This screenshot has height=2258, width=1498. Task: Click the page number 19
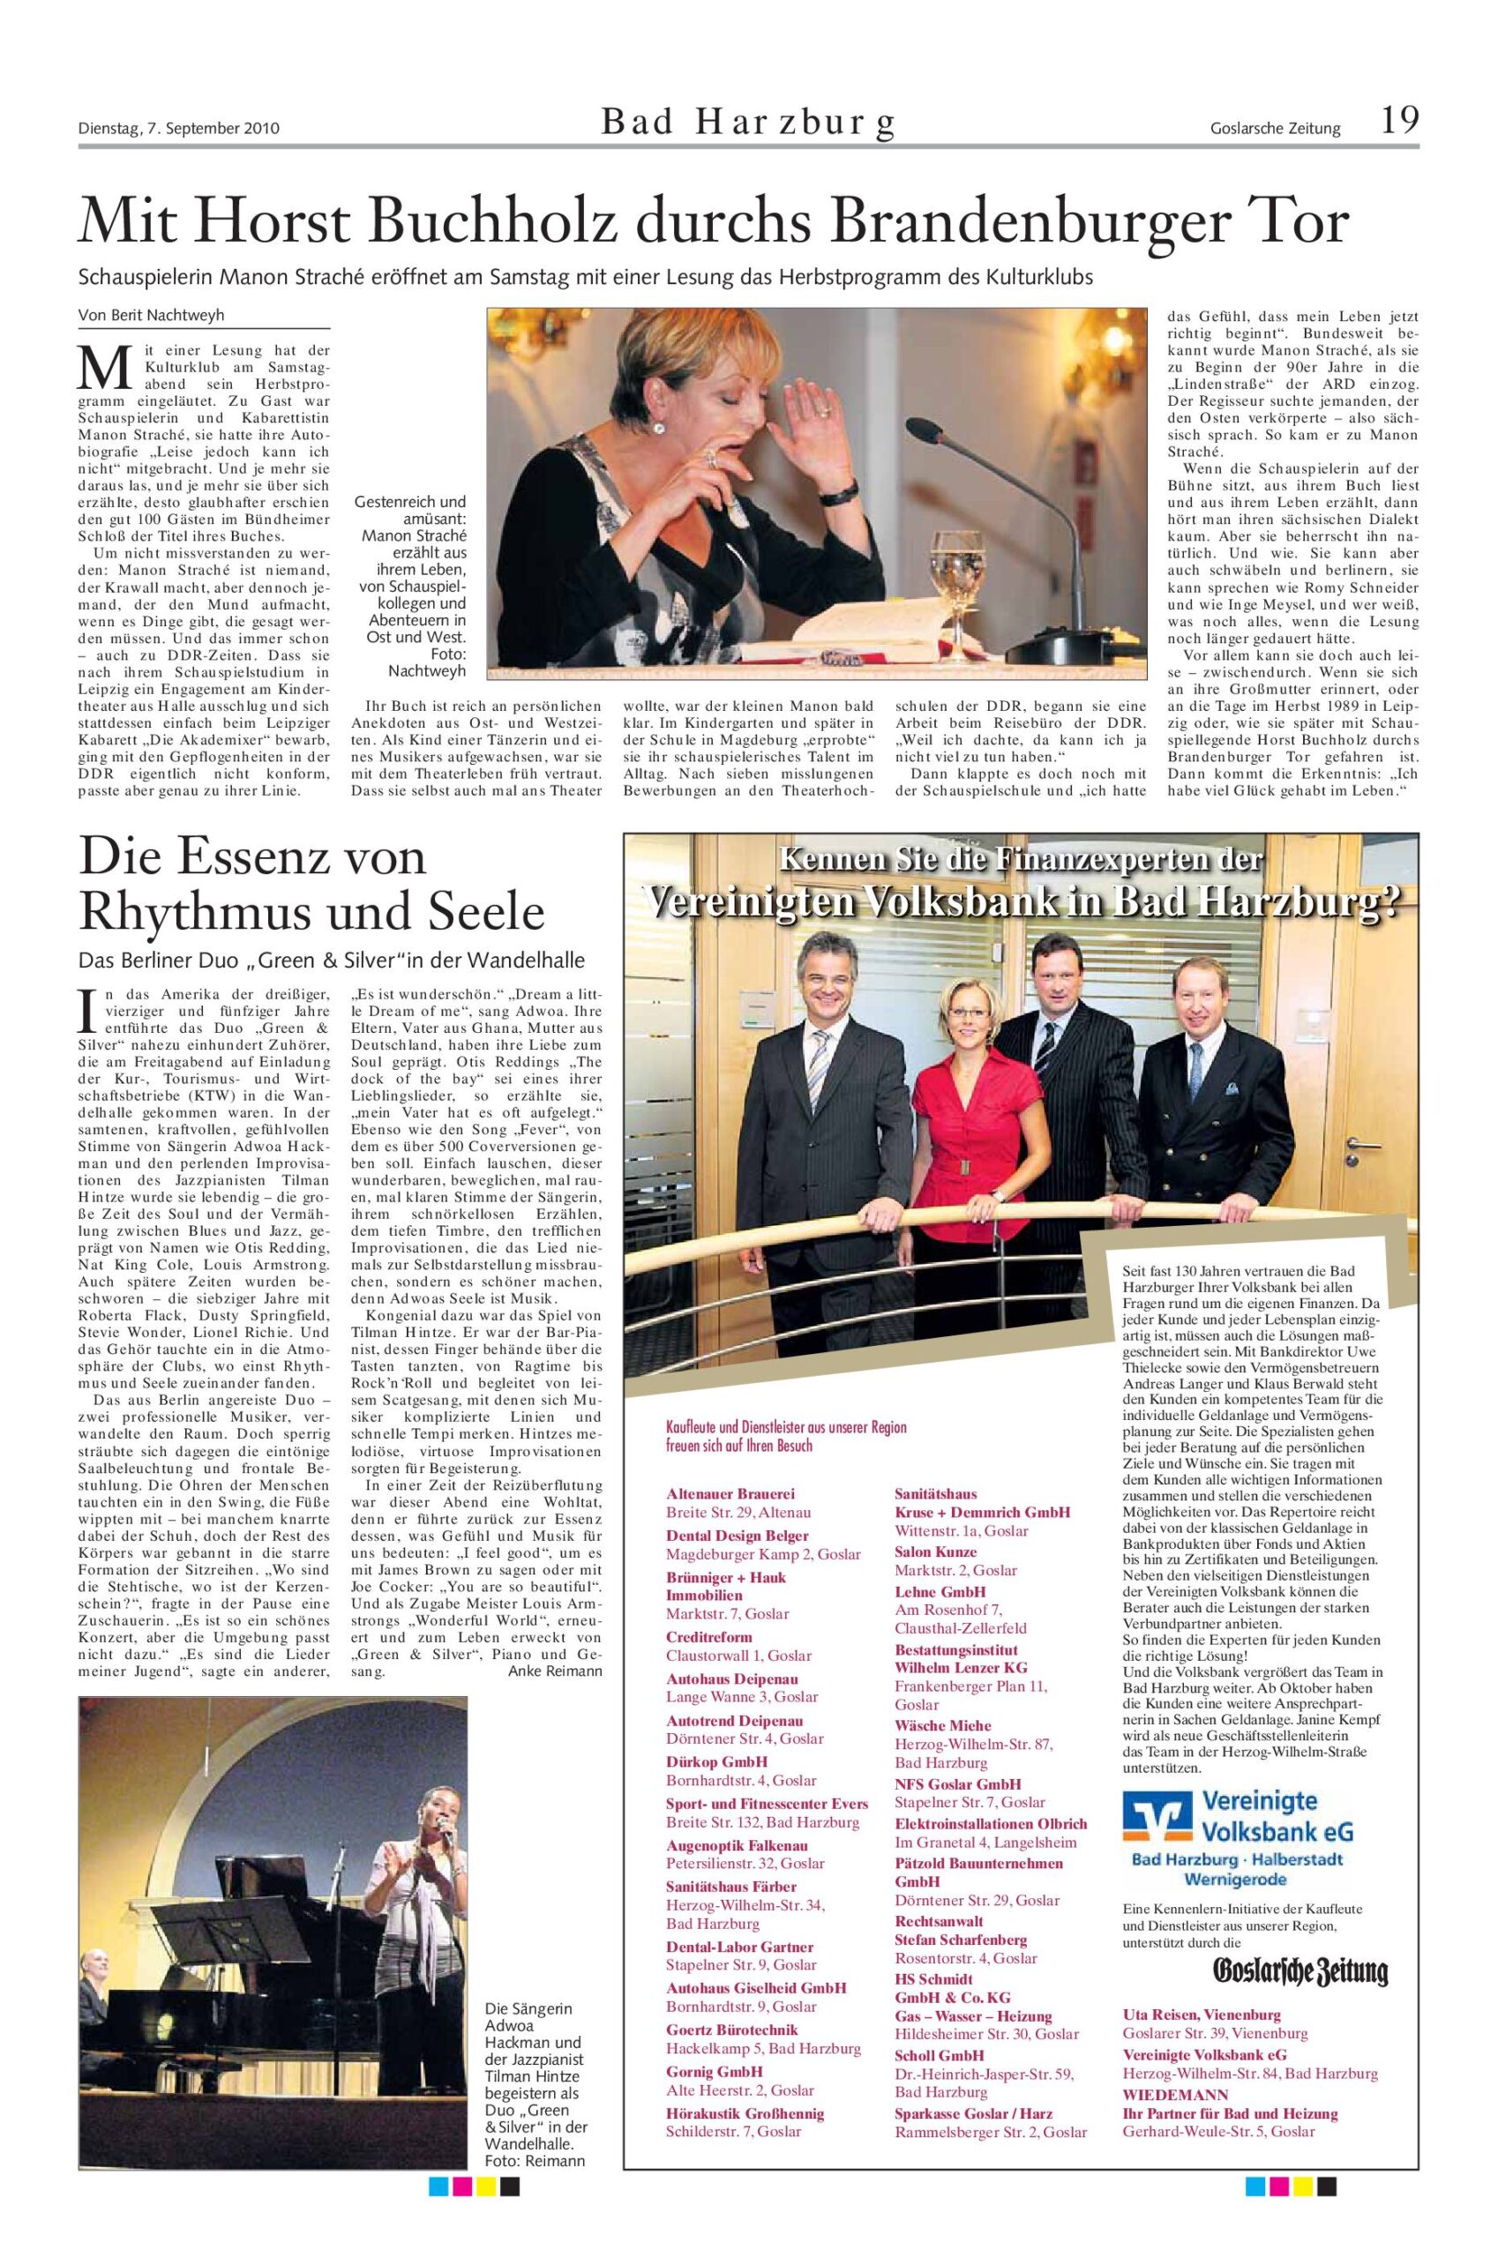coord(1397,122)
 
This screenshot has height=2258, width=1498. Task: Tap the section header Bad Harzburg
coord(748,123)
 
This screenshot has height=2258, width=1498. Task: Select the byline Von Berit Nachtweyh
coord(152,316)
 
